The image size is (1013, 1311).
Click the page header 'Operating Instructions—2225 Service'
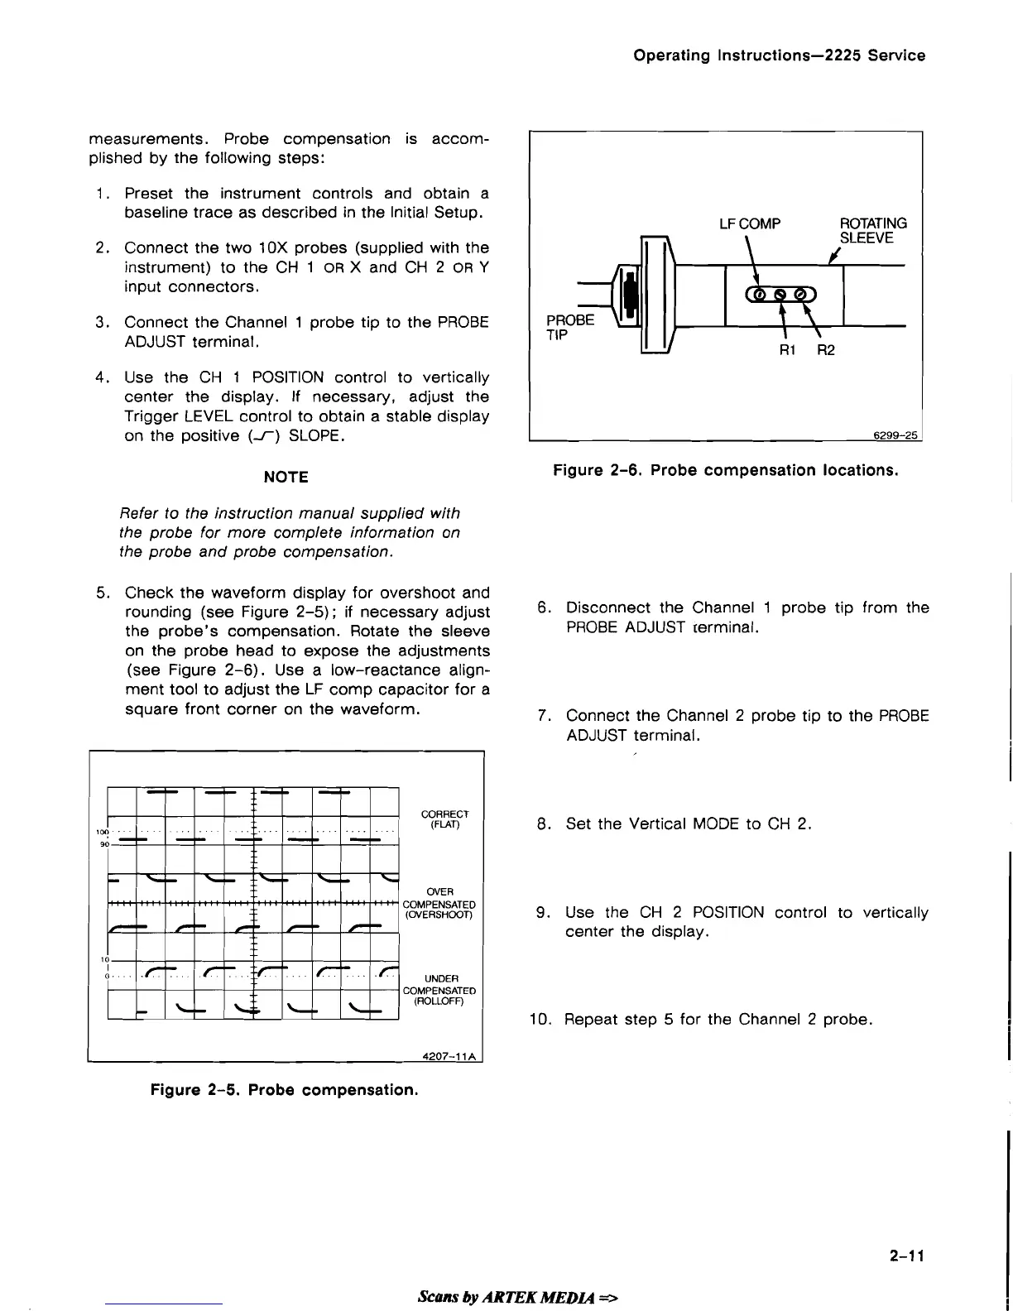(x=779, y=55)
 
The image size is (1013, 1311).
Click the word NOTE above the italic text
(x=286, y=477)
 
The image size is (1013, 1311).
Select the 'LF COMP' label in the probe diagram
(x=750, y=223)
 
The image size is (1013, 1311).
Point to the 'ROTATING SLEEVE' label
(x=873, y=231)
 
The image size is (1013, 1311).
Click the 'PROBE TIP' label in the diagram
(x=570, y=327)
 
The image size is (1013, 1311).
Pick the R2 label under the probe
(x=826, y=350)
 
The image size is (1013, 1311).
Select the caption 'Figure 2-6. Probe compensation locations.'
(x=725, y=470)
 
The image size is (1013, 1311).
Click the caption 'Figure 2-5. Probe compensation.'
(x=284, y=1089)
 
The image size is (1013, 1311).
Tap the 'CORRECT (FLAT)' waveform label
(x=444, y=819)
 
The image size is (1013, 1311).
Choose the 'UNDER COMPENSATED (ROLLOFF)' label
(x=439, y=990)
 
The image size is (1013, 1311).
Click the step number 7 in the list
(x=544, y=715)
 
